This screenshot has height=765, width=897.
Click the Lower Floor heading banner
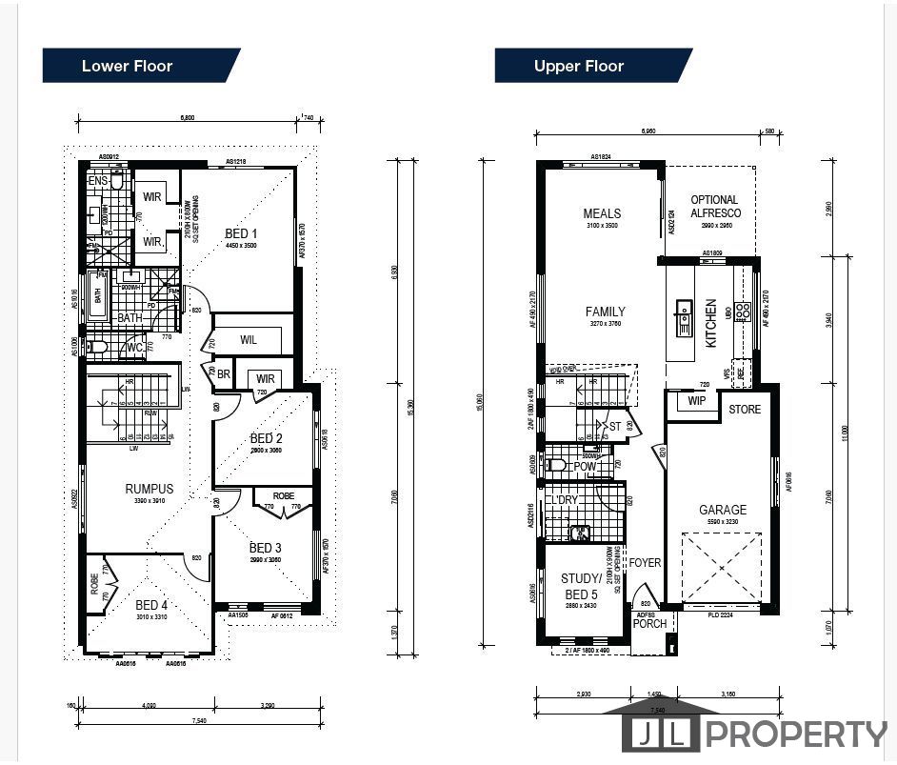tap(127, 66)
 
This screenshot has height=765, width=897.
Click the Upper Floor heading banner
tap(579, 66)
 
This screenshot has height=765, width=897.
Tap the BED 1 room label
tap(240, 233)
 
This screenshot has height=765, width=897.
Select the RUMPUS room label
tap(149, 489)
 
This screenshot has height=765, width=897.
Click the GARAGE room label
tap(722, 510)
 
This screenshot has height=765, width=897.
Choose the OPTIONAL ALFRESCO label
tap(715, 207)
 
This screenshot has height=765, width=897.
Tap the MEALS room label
tap(602, 213)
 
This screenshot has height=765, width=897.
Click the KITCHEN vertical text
tap(711, 323)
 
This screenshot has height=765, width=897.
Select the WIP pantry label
tap(697, 402)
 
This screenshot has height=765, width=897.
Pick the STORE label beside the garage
tap(745, 410)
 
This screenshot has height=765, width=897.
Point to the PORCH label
tap(650, 623)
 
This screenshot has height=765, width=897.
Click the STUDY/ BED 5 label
tap(580, 585)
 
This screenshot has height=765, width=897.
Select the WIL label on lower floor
tap(249, 339)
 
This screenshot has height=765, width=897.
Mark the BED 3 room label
tap(265, 548)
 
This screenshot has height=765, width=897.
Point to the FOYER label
tap(645, 563)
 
